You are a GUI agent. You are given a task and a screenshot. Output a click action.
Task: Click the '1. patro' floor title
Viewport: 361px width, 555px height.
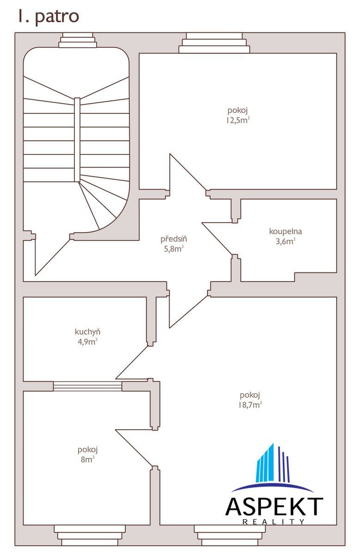[49, 17]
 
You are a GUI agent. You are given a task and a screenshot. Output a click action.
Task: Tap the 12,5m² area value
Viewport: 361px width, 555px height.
[238, 120]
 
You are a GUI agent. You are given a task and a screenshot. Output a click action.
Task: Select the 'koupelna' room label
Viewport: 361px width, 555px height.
[286, 231]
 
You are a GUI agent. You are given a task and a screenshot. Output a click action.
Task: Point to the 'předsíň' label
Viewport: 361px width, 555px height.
[174, 239]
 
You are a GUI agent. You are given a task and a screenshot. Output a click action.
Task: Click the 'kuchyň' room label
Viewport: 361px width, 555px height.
[87, 332]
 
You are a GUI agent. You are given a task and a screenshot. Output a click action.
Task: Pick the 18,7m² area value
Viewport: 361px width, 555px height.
[250, 405]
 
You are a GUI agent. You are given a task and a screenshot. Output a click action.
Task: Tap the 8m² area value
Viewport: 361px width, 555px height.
[88, 459]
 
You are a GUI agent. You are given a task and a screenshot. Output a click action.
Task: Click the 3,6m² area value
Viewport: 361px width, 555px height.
[286, 241]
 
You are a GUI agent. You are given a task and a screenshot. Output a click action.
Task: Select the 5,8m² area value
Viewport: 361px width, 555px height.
[174, 248]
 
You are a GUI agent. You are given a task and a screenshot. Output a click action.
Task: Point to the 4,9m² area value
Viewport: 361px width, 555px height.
[87, 342]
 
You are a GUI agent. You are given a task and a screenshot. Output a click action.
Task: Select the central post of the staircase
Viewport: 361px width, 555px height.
[77, 140]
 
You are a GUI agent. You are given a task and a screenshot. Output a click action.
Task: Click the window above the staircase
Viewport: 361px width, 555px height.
[78, 40]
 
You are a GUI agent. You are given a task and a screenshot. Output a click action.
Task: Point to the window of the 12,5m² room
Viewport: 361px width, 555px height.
[214, 43]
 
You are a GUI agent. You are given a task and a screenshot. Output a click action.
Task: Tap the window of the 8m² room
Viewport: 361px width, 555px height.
[90, 535]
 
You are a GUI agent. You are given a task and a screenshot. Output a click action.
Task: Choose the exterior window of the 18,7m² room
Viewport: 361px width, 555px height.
[230, 535]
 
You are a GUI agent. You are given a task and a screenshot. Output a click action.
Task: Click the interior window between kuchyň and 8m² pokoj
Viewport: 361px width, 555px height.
[87, 386]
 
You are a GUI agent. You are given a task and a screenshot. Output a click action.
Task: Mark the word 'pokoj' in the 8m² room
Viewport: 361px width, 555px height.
[88, 450]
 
